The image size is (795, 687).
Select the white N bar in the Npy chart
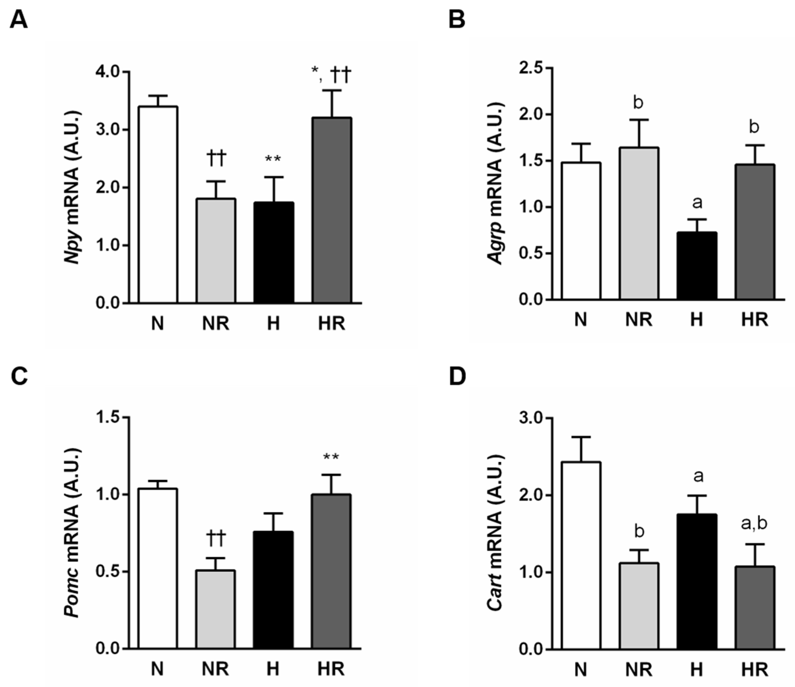158,205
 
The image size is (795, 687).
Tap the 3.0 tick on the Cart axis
531,418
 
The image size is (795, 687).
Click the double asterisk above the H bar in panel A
273,158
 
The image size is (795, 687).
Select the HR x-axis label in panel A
331,324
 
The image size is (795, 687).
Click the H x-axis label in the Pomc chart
273,669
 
